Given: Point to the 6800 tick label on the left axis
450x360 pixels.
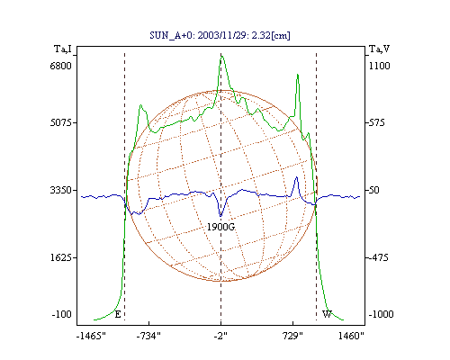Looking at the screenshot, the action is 60,66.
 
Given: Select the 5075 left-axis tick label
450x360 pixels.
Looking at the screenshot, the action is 60,122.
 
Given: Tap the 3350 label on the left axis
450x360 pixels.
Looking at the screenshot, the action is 60,190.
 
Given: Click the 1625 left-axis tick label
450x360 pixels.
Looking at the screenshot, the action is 60,257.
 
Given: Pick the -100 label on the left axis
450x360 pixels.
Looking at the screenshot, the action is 61,314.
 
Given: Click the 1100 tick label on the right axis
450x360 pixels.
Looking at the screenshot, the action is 379,66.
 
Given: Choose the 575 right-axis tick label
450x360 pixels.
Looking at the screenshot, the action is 376,122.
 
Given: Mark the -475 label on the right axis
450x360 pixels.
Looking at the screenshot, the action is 379,257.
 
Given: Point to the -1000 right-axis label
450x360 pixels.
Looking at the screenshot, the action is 381,314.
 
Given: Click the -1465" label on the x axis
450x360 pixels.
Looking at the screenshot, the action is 91,336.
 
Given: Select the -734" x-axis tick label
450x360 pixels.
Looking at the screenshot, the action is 148,336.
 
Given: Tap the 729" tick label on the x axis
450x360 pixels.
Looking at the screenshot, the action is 292,336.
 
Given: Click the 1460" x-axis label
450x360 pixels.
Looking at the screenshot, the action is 351,336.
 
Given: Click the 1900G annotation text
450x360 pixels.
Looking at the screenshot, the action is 220,227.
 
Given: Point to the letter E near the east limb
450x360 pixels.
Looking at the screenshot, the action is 118,314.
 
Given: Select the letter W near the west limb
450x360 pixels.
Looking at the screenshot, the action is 327,314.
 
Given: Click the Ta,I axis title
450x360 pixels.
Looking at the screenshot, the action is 63,49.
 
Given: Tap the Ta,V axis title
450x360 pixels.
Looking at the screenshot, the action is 379,49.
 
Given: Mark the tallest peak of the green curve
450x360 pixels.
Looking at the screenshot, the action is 222,56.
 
